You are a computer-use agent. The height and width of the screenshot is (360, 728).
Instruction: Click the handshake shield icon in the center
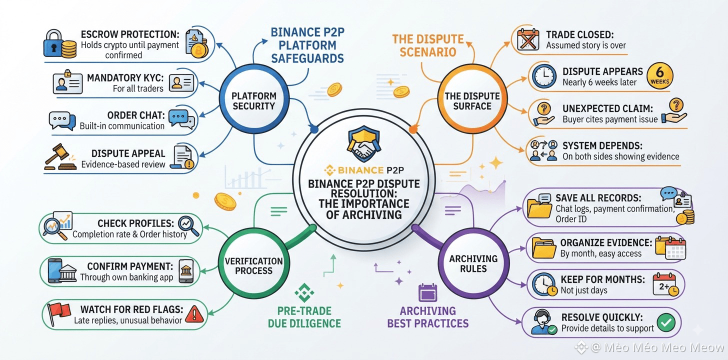point(364,143)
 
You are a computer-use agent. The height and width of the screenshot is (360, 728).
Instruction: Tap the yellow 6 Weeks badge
point(660,75)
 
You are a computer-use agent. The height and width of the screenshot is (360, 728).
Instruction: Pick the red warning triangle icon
point(194,313)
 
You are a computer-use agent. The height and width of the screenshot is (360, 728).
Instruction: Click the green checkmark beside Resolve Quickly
point(666,322)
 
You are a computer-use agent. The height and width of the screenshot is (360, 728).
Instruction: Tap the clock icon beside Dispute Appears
point(544,76)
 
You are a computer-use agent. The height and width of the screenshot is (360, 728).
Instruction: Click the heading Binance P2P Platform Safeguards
point(307,45)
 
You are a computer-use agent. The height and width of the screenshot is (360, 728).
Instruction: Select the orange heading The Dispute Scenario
point(428,45)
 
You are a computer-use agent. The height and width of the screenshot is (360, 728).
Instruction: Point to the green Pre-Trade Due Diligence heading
point(304,317)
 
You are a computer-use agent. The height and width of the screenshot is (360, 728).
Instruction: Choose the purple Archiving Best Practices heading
point(427,317)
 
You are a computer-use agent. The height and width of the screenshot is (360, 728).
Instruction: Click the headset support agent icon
point(543,321)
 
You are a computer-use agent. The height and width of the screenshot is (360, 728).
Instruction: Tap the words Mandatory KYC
point(125,78)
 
